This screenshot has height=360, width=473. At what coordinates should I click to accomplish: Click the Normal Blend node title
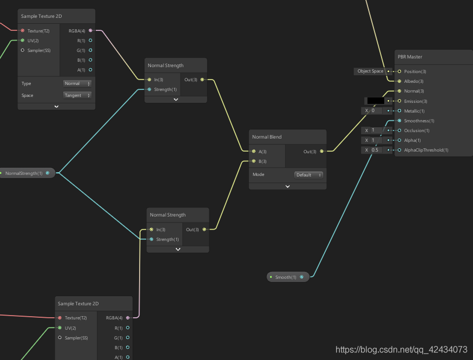(x=267, y=137)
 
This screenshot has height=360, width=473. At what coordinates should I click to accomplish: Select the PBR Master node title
(x=410, y=57)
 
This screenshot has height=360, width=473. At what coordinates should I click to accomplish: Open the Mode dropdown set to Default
(x=308, y=175)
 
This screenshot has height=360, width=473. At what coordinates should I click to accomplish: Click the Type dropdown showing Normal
(x=77, y=83)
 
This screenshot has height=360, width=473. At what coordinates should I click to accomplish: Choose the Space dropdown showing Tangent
(x=77, y=95)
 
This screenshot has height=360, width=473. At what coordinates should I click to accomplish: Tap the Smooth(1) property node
(x=288, y=277)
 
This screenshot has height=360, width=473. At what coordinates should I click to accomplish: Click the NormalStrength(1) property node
(x=27, y=173)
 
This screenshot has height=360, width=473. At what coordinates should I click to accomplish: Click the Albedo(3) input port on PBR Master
(x=399, y=81)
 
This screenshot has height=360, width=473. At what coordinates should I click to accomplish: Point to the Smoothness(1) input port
(x=399, y=121)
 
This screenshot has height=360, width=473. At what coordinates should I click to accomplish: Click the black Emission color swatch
(x=376, y=101)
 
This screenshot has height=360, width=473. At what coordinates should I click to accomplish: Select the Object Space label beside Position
(x=370, y=71)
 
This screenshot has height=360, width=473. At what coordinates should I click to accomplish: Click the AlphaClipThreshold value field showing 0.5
(x=377, y=150)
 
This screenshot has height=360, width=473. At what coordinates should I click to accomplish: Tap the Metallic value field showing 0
(x=377, y=111)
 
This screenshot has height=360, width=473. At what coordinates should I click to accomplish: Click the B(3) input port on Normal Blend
(x=254, y=161)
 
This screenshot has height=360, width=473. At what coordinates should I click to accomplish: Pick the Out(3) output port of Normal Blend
(x=321, y=151)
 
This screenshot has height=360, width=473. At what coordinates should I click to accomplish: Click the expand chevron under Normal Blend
(x=287, y=186)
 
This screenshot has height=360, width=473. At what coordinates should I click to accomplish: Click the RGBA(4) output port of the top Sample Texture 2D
(x=90, y=30)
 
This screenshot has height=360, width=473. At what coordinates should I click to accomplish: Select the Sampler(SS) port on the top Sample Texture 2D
(x=23, y=50)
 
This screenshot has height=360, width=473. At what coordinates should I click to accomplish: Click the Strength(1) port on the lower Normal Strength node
(x=152, y=239)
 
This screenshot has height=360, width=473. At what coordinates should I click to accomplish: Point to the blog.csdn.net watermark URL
(x=401, y=349)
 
